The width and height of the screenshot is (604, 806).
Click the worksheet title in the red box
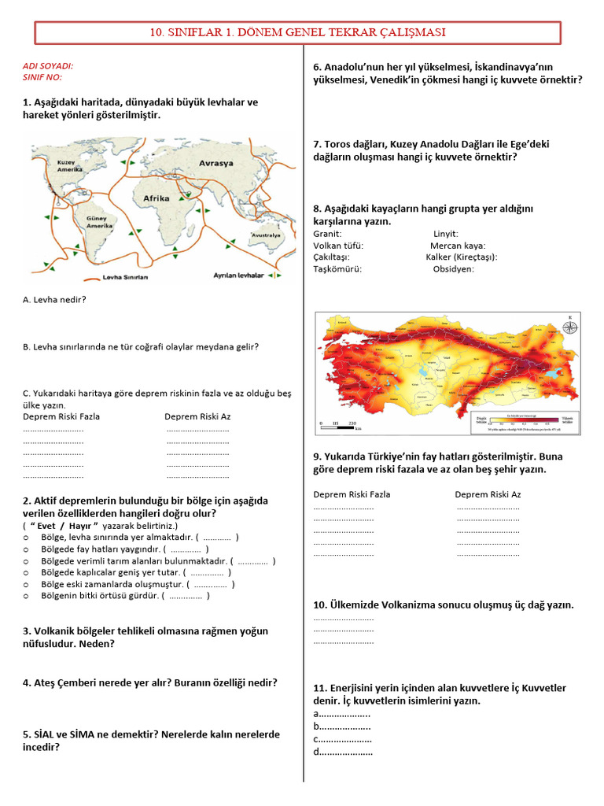pyautogui.click(x=298, y=32)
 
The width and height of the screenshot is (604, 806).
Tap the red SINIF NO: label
pyautogui.click(x=42, y=78)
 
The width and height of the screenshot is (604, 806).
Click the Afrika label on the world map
pyautogui.click(x=156, y=198)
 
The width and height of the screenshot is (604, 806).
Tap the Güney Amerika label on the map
pyautogui.click(x=100, y=221)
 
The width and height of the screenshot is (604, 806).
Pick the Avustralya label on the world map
pyautogui.click(x=265, y=235)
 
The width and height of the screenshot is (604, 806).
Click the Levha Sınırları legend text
pyautogui.click(x=125, y=277)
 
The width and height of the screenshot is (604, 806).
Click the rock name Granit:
pyautogui.click(x=327, y=234)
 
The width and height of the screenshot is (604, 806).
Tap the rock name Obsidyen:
pyautogui.click(x=453, y=268)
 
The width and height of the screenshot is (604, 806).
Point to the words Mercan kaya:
pyautogui.click(x=458, y=246)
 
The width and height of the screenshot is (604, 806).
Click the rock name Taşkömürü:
pyautogui.click(x=337, y=268)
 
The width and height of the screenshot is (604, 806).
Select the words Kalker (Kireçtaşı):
pyautogui.click(x=462, y=257)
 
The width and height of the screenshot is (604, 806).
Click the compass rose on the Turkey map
pyautogui.click(x=569, y=326)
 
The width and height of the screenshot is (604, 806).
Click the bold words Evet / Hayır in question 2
pyautogui.click(x=63, y=525)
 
